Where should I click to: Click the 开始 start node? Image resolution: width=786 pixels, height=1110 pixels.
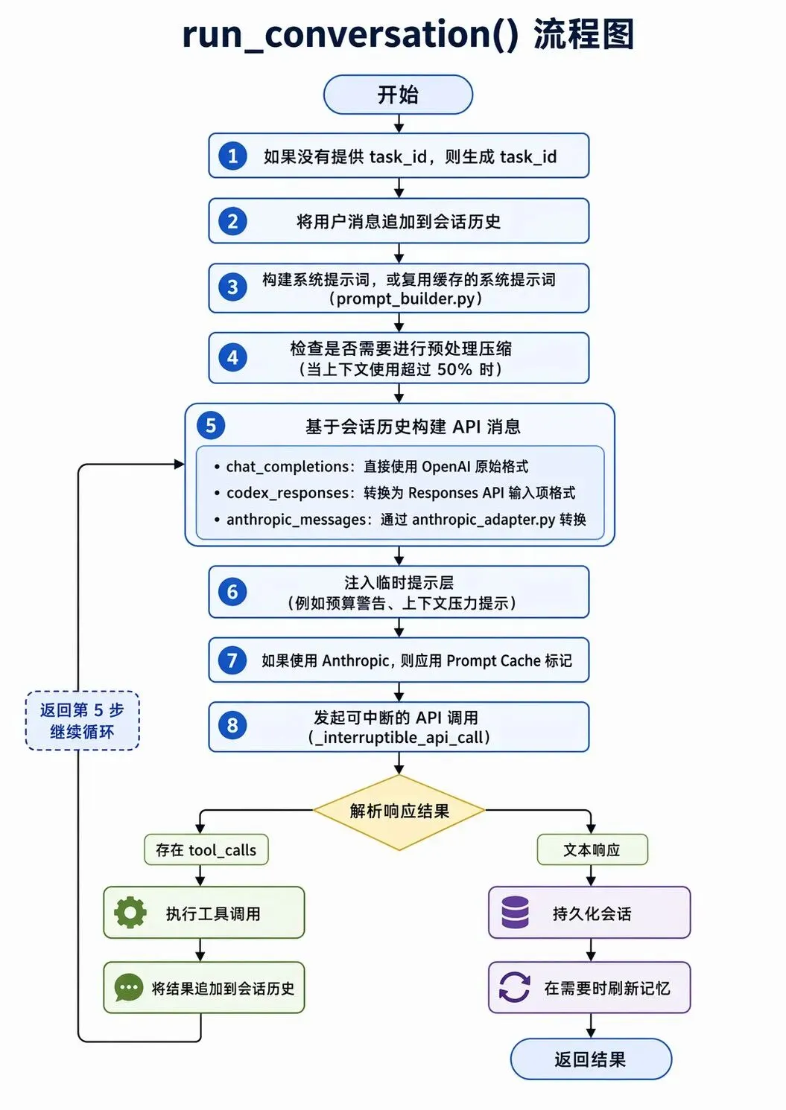tap(398, 95)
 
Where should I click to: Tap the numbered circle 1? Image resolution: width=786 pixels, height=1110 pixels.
tap(232, 156)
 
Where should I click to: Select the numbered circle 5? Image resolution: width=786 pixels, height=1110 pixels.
tap(211, 425)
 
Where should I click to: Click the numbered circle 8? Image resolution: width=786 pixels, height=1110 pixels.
tap(232, 725)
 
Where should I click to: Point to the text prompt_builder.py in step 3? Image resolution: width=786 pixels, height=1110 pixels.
tap(405, 299)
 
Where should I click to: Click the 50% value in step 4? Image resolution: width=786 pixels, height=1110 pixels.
tap(454, 369)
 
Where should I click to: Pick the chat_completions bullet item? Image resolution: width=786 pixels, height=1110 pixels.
tap(372, 467)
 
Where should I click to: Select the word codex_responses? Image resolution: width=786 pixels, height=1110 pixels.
tap(288, 493)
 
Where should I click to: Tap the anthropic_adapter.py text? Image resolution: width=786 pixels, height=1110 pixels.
tap(484, 520)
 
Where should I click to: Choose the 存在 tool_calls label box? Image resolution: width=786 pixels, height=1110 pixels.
tap(206, 850)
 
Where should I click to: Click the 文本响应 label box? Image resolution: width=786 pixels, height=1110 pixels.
tap(592, 850)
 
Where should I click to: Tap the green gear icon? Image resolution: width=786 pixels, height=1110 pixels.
tap(130, 912)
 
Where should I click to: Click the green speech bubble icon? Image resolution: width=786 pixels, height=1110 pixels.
tap(128, 988)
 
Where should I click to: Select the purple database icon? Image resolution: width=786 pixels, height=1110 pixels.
tap(516, 912)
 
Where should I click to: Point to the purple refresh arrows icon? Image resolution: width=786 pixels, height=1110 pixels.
tap(514, 987)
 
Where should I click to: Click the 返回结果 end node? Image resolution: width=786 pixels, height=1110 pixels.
tap(591, 1059)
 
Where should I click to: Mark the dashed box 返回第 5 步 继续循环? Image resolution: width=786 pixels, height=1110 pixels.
tap(82, 721)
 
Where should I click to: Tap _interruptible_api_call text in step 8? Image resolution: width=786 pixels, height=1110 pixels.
tap(399, 737)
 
